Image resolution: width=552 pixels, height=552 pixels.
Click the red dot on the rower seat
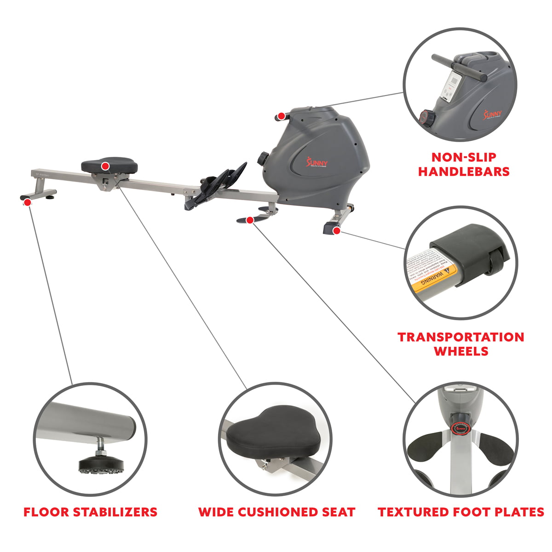[105, 166]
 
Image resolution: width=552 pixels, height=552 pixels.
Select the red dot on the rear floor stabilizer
[28, 201]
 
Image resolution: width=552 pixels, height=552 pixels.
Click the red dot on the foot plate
[250, 220]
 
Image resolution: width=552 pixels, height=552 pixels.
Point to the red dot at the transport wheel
[337, 230]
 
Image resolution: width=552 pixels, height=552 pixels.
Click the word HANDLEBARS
[464, 172]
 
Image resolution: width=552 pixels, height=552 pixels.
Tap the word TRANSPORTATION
[461, 337]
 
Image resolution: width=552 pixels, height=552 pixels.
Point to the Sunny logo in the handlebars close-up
[493, 113]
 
